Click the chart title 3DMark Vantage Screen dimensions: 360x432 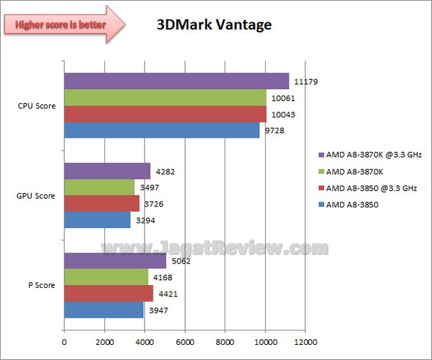coord(214,25)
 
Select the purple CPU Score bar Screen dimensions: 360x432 coord(176,81)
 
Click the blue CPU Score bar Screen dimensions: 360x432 coord(162,130)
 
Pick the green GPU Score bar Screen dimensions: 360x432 coord(99,187)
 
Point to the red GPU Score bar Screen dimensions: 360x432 coord(102,204)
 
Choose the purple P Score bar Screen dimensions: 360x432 coord(115,261)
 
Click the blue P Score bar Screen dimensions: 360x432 coord(104,310)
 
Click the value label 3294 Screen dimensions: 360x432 coord(146,221)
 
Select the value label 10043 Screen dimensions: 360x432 coord(283,114)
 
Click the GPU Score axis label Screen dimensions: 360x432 coord(37,196)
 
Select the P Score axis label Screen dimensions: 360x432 coord(41,285)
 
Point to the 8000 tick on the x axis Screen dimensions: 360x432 coord(225,342)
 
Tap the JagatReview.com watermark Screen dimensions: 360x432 coord(216,248)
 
